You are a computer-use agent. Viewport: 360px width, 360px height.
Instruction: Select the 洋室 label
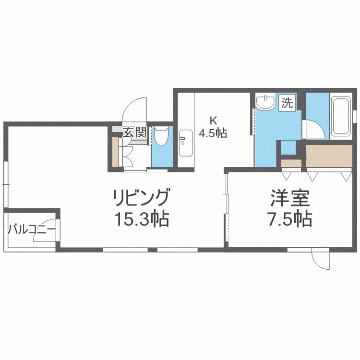(289, 198)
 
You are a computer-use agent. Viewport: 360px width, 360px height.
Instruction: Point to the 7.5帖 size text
(289, 219)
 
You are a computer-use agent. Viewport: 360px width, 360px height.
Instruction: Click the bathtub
(341, 116)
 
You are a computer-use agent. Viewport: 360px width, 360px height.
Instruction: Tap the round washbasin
(264, 102)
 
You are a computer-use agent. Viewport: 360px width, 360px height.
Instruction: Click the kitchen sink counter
(185, 143)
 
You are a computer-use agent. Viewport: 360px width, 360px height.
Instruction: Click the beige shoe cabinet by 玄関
(115, 152)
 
